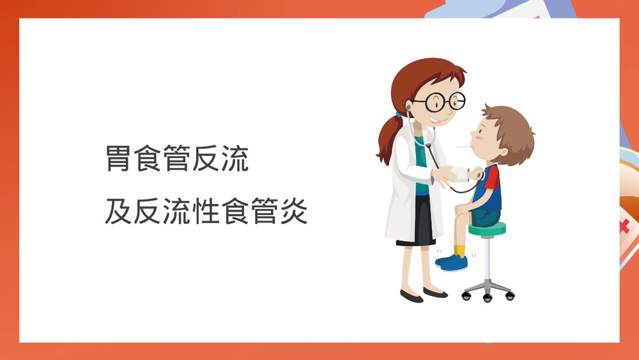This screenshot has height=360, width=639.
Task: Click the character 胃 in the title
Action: point(118,159)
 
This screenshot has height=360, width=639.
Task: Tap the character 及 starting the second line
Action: point(118,212)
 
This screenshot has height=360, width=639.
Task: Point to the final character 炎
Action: point(294,212)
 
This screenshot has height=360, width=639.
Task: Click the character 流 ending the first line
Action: point(235,159)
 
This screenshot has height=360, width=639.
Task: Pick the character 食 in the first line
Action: point(148,159)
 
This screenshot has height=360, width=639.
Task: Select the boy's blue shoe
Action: point(452,262)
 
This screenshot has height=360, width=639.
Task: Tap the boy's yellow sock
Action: point(460,250)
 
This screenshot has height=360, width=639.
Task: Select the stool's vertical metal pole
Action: point(488,259)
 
